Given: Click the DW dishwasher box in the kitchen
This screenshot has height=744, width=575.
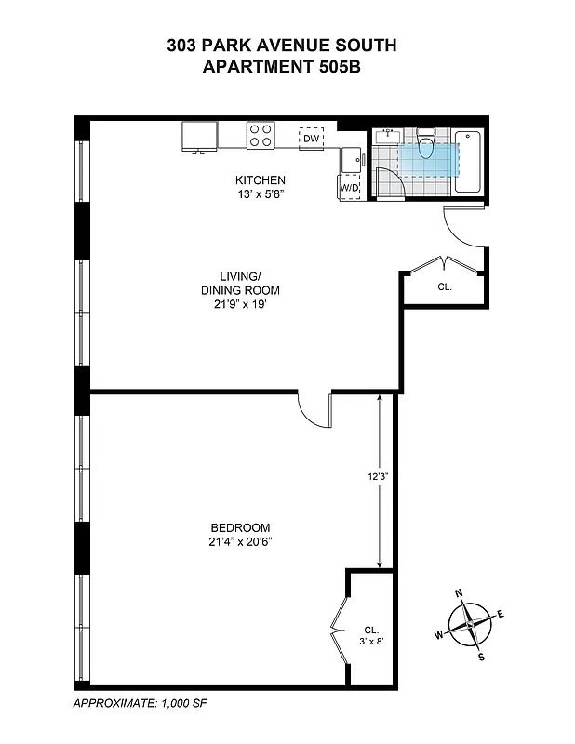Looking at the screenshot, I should [312, 139].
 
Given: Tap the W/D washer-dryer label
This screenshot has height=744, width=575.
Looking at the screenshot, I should [349, 187].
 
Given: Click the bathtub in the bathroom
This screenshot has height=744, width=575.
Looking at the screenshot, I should [469, 162].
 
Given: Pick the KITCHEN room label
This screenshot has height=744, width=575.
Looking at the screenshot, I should [260, 180].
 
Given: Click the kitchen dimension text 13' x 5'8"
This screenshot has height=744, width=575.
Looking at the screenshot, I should [260, 194].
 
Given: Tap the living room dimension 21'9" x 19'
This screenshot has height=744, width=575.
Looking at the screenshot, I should [240, 303].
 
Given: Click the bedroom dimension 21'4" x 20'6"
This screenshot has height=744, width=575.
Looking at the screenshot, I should [239, 541].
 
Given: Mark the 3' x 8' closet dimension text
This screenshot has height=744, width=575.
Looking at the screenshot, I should [372, 641].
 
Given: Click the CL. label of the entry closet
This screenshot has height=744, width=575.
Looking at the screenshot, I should [444, 287].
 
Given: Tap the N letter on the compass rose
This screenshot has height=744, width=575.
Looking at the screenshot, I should [459, 592].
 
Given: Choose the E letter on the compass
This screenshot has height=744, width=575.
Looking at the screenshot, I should [501, 613].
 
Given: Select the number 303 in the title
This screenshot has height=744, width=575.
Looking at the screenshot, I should [183, 44].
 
